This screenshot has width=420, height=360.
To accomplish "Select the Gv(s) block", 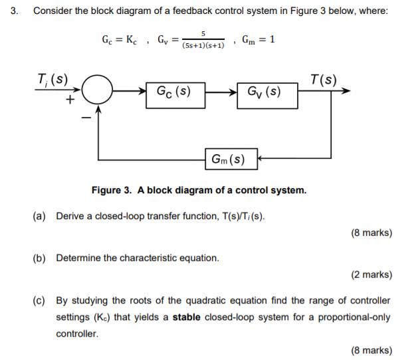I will [264, 93].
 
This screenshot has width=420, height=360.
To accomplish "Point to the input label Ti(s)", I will [51, 80].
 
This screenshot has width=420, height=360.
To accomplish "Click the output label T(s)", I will [324, 80].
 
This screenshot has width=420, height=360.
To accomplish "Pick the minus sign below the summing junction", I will [84, 120].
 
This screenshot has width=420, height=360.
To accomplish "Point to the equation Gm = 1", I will [259, 40].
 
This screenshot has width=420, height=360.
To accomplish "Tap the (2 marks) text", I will [371, 274].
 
